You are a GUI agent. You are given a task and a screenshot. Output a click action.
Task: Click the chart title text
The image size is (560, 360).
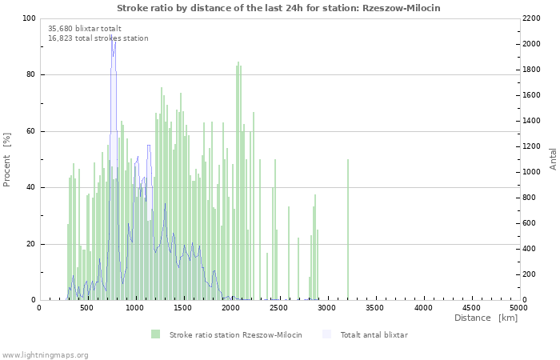pyautogui.click(x=278, y=8)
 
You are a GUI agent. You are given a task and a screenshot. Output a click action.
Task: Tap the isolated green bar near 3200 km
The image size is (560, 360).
pyautogui.click(x=348, y=230)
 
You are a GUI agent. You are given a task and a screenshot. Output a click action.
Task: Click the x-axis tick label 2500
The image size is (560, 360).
pyautogui.click(x=278, y=308)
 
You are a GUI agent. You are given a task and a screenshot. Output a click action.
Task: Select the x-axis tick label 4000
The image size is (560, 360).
pyautogui.click(x=423, y=308)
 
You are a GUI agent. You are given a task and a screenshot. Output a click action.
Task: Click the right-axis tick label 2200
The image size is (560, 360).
pyautogui.click(x=531, y=18)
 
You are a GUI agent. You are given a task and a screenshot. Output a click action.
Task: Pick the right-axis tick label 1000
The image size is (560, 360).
pyautogui.click(x=531, y=172)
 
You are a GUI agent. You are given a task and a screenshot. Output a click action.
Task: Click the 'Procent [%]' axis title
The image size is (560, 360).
pyautogui.click(x=6, y=160)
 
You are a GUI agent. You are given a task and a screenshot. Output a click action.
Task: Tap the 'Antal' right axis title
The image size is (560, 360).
pyautogui.click(x=553, y=159)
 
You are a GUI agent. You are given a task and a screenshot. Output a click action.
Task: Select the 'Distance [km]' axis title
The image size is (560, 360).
pyautogui.click(x=486, y=318)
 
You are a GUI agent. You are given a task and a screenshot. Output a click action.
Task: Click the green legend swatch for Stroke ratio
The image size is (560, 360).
pyautogui.click(x=155, y=334)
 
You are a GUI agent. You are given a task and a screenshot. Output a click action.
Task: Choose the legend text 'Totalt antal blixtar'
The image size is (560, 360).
pyautogui.click(x=374, y=334)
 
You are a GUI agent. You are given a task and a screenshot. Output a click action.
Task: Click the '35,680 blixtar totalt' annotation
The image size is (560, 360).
pyautogui.click(x=85, y=29)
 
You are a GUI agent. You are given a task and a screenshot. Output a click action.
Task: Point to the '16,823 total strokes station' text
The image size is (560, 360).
pyautogui.click(x=98, y=38)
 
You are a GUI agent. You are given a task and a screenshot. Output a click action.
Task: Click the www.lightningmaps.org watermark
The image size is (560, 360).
pyautogui.click(x=45, y=355)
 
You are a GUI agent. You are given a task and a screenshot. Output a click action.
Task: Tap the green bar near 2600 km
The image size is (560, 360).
pyautogui.click(x=289, y=254)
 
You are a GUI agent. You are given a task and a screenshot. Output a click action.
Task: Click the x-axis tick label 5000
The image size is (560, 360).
pyautogui.click(x=518, y=308)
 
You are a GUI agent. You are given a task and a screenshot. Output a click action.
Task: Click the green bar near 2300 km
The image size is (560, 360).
pyautogui.click(x=260, y=230)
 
